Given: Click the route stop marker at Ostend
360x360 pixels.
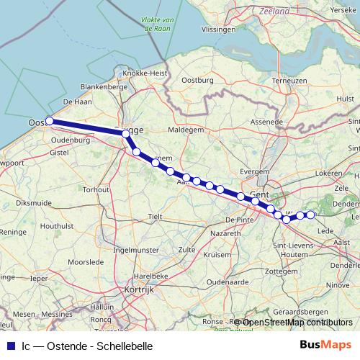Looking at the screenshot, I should (x=50, y=121).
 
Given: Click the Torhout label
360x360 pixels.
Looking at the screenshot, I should (x=96, y=189).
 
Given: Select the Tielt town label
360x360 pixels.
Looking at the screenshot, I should (x=156, y=216).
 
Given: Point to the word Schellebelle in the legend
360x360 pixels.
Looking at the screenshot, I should (x=124, y=346).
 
